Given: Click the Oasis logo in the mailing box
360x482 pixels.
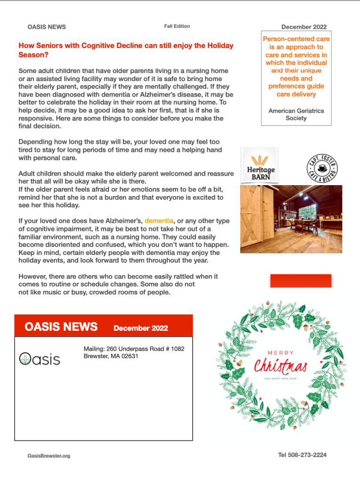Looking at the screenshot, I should (x=40, y=359).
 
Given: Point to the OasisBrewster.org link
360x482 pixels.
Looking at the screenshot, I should (x=49, y=456).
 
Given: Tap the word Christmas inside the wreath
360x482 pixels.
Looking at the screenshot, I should (x=281, y=366).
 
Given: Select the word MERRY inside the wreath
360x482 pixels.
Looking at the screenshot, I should (x=281, y=352).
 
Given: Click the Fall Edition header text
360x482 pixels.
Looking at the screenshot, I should (x=177, y=26).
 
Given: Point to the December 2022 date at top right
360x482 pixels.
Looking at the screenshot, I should (x=304, y=27).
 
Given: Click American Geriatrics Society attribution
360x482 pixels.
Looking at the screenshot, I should (x=296, y=114).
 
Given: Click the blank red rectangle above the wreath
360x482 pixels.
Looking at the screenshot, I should (x=301, y=280).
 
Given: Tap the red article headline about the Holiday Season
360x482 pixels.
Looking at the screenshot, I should (x=126, y=50).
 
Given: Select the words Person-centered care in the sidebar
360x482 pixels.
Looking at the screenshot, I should (x=296, y=39).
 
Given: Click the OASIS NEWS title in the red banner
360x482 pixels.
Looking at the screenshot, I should (x=61, y=327).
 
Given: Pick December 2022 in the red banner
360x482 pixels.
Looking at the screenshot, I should (x=140, y=328).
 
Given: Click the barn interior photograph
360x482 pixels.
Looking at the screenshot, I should (x=291, y=219).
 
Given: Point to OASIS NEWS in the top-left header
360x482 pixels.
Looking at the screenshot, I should (x=47, y=27).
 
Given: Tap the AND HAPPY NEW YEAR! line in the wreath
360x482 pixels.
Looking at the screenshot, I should (x=280, y=378).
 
